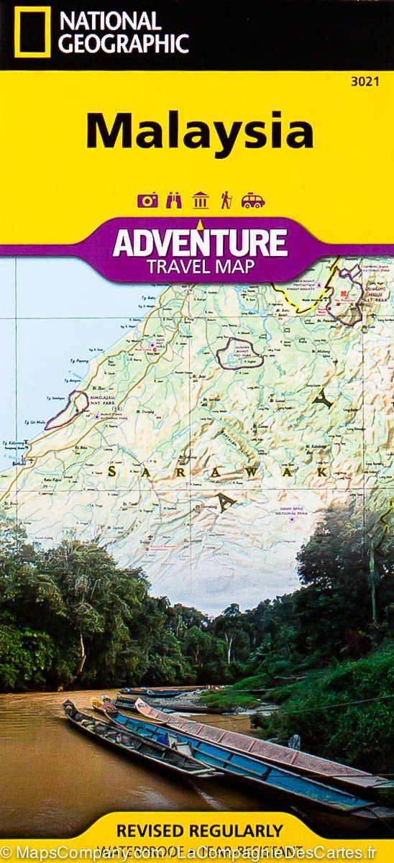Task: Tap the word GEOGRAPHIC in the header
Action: [124, 43]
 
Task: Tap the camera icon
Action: [148, 201]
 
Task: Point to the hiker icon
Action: [225, 200]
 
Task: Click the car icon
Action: [251, 201]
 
